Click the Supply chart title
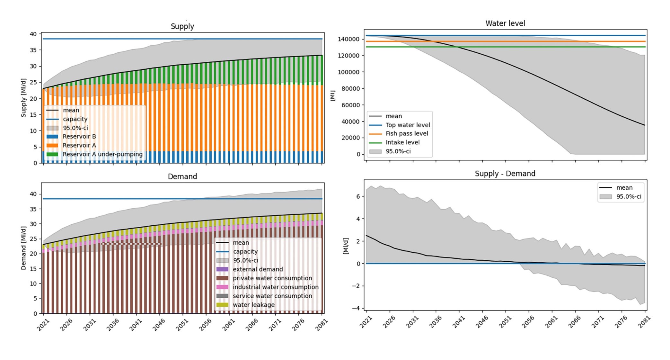182,26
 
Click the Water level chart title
505,23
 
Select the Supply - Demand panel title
505,174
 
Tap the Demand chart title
182,176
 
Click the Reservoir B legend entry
79,136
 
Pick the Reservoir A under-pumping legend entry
102,154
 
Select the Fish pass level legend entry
407,133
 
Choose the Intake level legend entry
402,142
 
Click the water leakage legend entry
253,305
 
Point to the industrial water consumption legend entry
275,287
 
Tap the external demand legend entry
258,269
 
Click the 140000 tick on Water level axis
348,39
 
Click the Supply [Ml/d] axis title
23,98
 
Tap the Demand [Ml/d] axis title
23,248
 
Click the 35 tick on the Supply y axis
33,50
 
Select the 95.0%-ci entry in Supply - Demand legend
628,196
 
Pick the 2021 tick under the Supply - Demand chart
366,322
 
